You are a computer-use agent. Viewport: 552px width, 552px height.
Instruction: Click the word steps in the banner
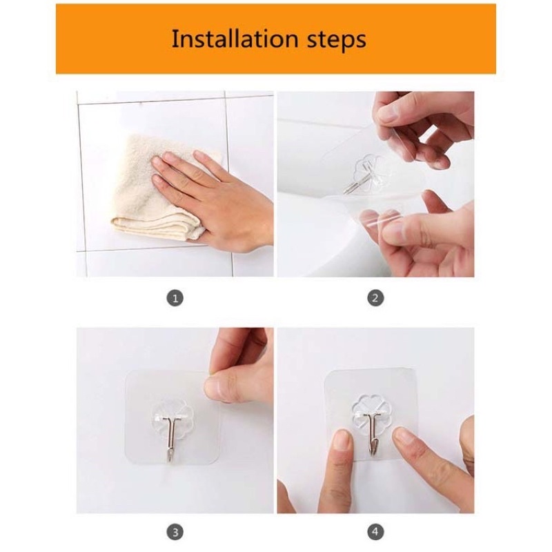pyautogui.click(x=336, y=40)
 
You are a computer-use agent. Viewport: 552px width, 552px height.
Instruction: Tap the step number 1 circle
pyautogui.click(x=175, y=298)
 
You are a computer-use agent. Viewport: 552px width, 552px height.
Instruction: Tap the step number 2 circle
pyautogui.click(x=375, y=298)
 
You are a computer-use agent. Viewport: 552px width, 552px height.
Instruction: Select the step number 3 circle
pyautogui.click(x=175, y=531)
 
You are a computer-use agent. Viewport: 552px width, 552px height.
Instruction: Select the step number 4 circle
pyautogui.click(x=375, y=531)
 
